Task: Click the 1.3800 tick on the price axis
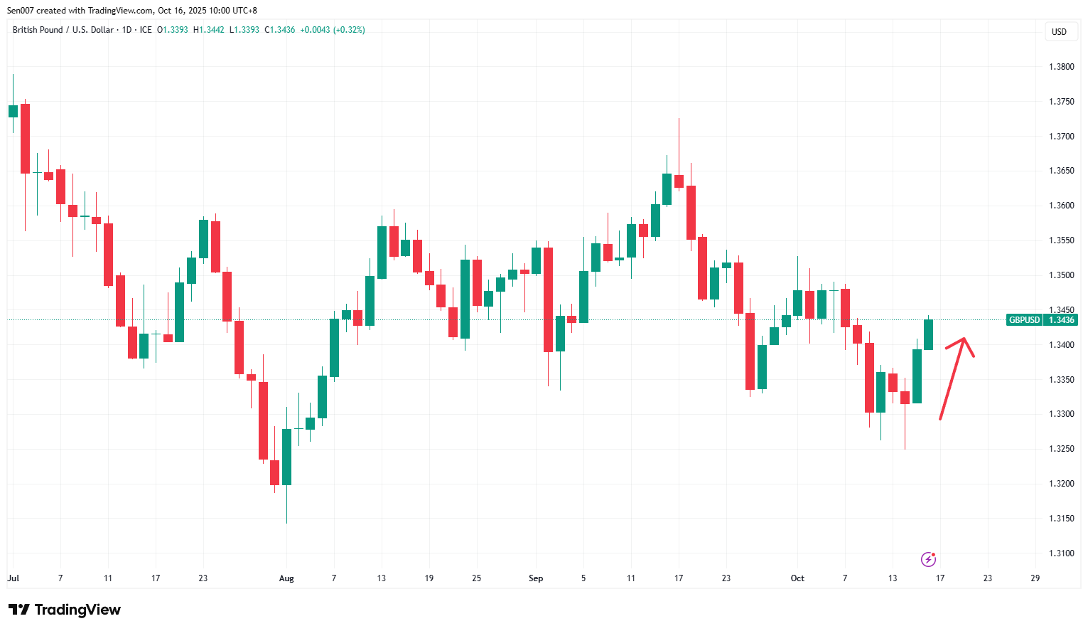[x=1061, y=67]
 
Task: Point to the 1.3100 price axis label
[x=1061, y=553]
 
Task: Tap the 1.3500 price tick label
[x=1061, y=275]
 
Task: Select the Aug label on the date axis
[x=286, y=578]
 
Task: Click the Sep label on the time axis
[x=536, y=578]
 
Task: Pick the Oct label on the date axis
[x=797, y=578]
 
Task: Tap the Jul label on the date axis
[x=14, y=578]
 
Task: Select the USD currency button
[x=1059, y=32]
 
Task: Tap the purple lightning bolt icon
[x=928, y=559]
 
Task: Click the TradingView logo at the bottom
[x=65, y=610]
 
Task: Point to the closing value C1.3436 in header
[x=279, y=30]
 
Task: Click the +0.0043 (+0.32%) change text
[x=333, y=30]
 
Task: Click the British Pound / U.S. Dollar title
[x=63, y=30]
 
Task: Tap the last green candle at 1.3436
[x=928, y=334]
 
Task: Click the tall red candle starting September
[x=548, y=299]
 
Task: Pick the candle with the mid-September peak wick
[x=679, y=181]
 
